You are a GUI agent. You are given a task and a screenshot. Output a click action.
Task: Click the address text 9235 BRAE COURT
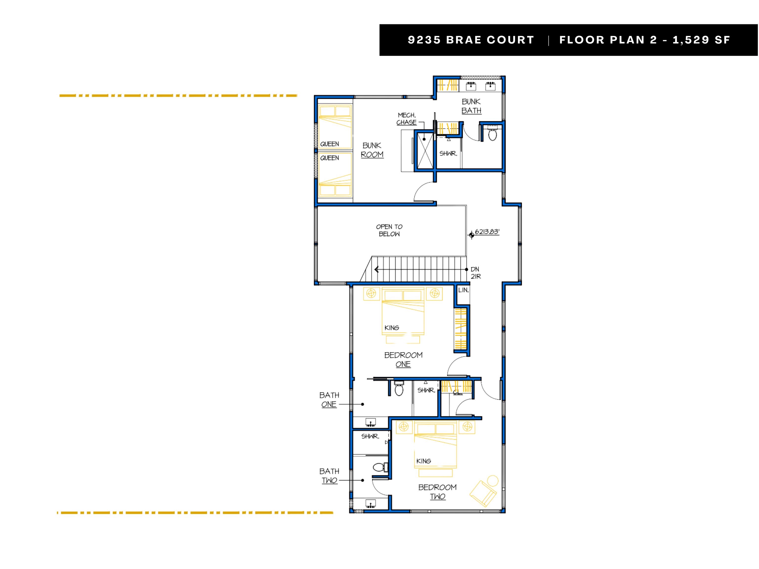[x=471, y=40]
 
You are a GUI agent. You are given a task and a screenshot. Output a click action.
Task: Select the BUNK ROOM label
[x=372, y=150]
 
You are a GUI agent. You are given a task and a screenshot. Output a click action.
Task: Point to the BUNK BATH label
[x=471, y=106]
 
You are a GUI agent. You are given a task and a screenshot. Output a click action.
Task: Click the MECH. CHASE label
[x=407, y=119]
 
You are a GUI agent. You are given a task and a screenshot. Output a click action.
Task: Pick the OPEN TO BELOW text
[x=389, y=230]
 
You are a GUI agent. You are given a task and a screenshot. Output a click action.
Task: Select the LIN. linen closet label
[x=463, y=290]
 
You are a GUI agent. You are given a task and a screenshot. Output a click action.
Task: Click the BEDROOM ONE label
[x=403, y=359]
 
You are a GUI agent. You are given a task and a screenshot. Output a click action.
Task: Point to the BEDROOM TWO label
[x=438, y=492]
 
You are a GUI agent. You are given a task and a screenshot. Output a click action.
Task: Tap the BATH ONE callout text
[x=329, y=400]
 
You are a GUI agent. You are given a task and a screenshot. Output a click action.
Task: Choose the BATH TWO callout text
[x=329, y=476]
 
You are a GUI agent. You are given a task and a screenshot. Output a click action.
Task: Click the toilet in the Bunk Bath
[x=492, y=133]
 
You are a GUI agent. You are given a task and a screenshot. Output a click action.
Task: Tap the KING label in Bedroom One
[x=392, y=328]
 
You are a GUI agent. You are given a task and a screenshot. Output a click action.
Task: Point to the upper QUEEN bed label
[x=329, y=144]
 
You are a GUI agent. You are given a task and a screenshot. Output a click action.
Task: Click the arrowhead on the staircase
[x=377, y=270]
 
